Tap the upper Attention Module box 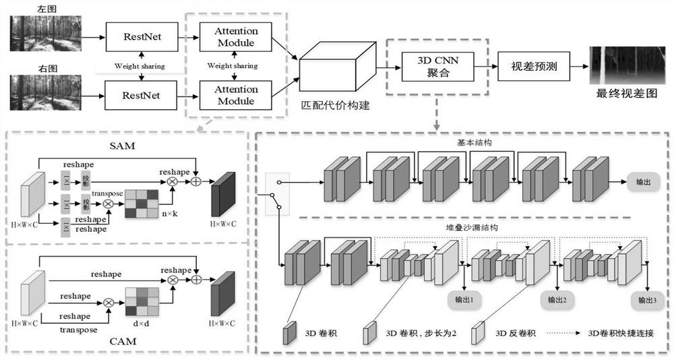point(236,37)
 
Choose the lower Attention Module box point(236,95)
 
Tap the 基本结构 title point(470,144)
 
